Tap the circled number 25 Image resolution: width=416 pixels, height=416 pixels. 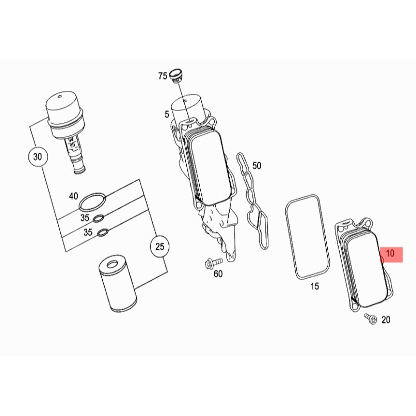click(x=159, y=247)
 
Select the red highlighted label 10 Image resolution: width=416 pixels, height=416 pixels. click(x=390, y=253)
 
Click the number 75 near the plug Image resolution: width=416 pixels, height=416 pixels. click(x=163, y=76)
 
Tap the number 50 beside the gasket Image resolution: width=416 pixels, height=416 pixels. click(x=257, y=166)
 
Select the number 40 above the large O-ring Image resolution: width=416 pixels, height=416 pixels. click(x=73, y=196)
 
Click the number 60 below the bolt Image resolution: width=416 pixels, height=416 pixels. click(x=218, y=274)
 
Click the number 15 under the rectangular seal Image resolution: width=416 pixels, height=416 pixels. click(x=315, y=286)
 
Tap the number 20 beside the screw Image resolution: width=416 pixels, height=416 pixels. click(x=386, y=320)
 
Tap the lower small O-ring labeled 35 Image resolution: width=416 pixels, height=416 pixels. click(x=103, y=231)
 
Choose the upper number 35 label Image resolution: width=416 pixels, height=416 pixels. click(x=84, y=218)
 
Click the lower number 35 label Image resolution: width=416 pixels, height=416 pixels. click(x=88, y=233)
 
